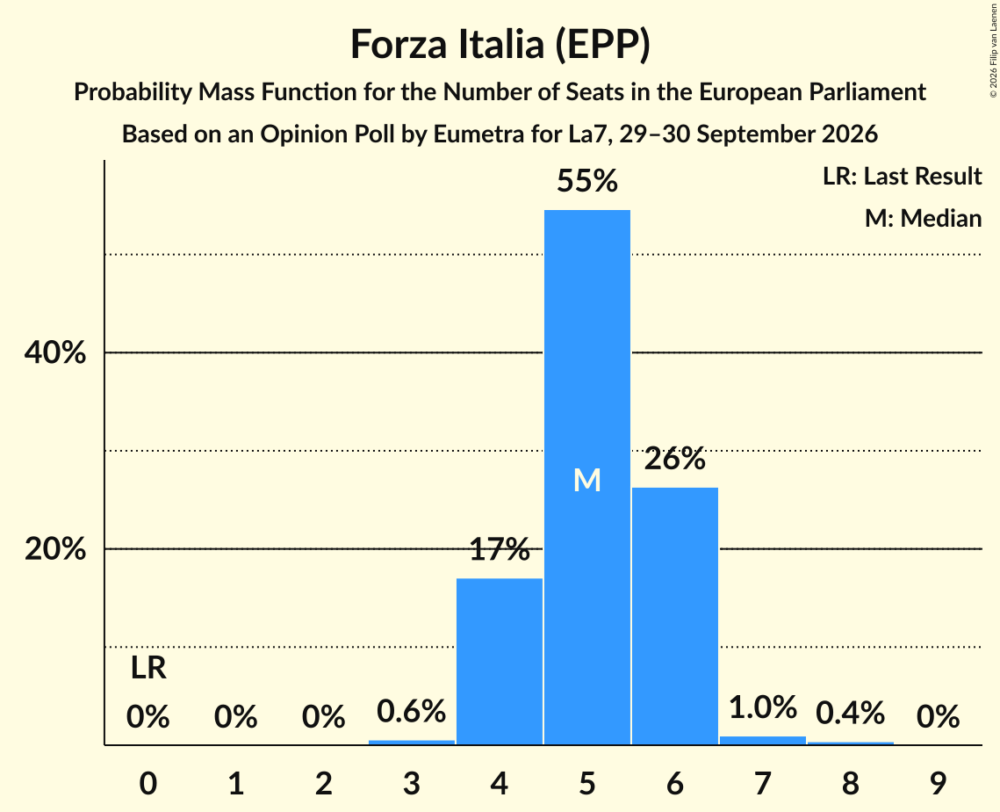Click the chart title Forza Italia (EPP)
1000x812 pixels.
(500, 45)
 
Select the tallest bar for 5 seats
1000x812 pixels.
(586, 477)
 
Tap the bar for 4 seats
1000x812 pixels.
(500, 662)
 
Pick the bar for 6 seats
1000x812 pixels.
(675, 616)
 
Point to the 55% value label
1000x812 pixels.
(586, 181)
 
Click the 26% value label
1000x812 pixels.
(675, 459)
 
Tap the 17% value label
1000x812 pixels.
(500, 549)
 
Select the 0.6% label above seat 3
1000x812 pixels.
(412, 711)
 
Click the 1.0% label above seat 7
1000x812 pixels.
(763, 707)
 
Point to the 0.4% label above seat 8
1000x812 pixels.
(850, 713)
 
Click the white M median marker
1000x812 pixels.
(586, 480)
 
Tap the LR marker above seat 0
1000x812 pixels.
(148, 669)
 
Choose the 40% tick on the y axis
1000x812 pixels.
(54, 352)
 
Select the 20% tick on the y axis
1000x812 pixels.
(54, 549)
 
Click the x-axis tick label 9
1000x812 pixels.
(938, 783)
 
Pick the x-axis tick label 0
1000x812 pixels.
(148, 783)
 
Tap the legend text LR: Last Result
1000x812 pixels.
(902, 176)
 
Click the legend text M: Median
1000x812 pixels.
(923, 218)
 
